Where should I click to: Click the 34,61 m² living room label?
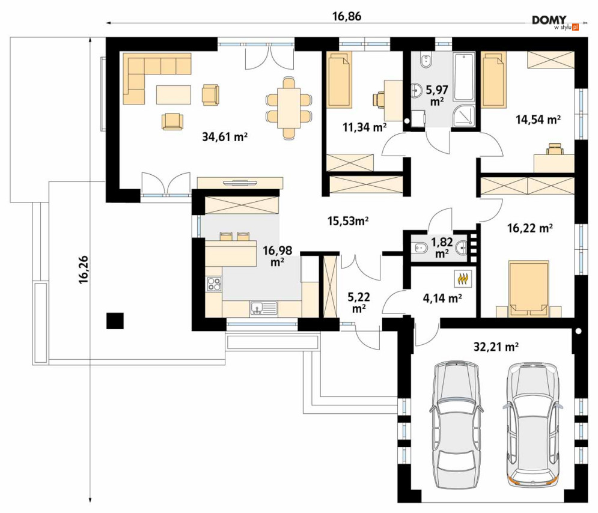pos(225,136)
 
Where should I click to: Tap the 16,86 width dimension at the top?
pos(347,16)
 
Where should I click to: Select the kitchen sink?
pos(263,308)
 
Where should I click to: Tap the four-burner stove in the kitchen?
pos(213,284)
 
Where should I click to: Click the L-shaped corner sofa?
pos(157,78)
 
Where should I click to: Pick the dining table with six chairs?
pos(288,108)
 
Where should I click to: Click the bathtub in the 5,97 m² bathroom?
pos(463,77)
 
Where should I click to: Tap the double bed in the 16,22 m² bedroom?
pos(529,288)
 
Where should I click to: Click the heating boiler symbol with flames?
pos(463,279)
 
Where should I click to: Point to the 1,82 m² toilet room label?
pos(442,247)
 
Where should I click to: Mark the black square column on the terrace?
pos(115,321)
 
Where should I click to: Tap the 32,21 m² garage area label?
pos(496,347)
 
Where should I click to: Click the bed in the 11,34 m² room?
pos(339,80)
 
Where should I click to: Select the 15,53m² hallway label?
pos(348,220)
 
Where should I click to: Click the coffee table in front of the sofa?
pos(174,94)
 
